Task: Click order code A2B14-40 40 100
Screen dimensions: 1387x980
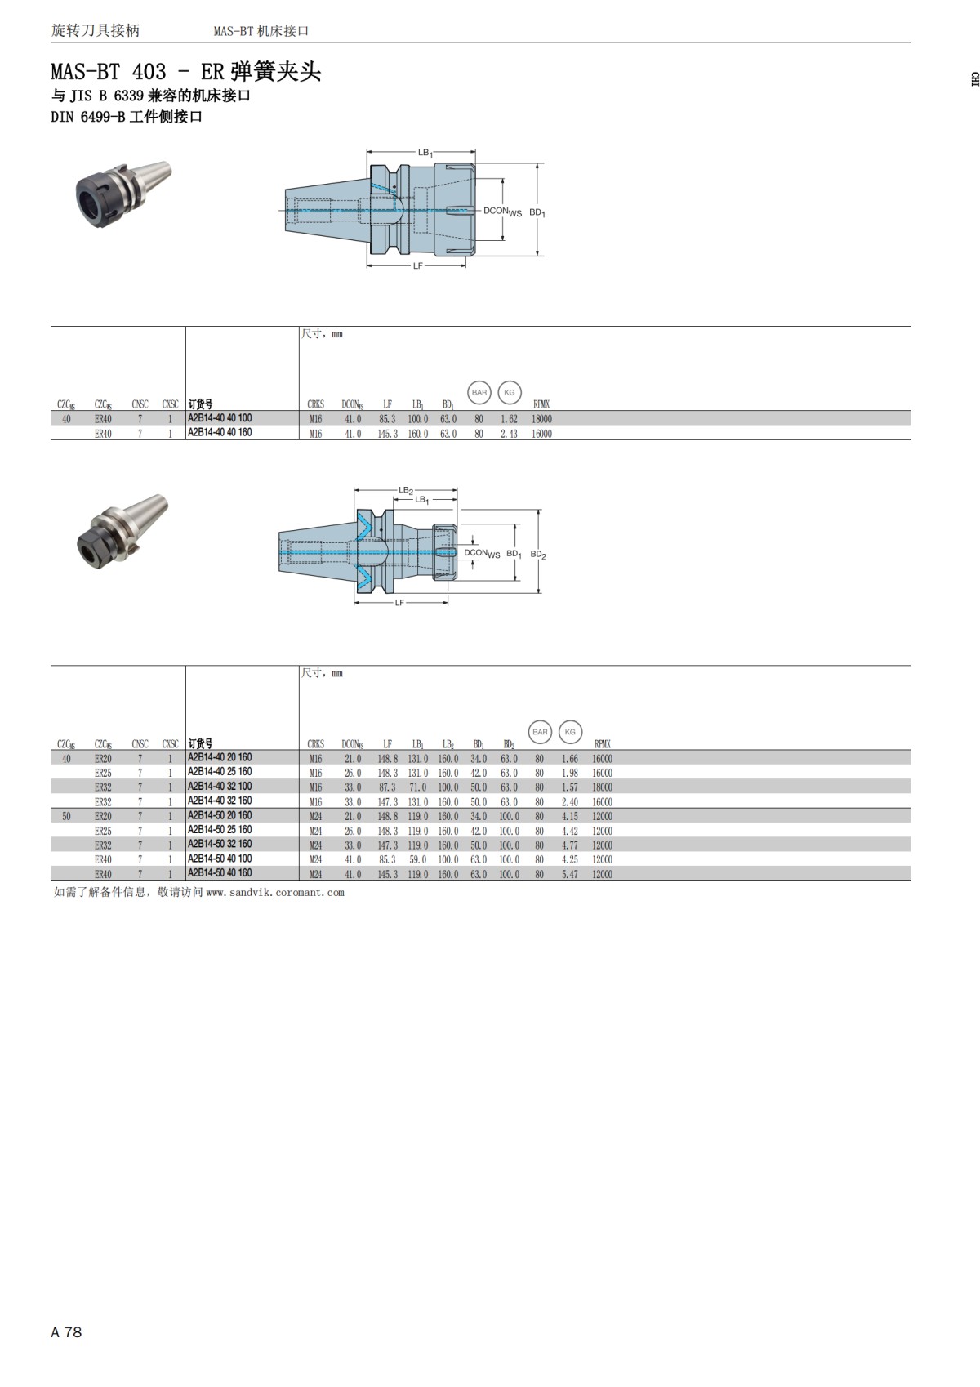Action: click(220, 418)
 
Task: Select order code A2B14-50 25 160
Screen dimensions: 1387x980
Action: click(220, 830)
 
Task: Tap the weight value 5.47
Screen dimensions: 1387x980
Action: click(569, 874)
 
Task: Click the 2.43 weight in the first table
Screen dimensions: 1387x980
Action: click(509, 434)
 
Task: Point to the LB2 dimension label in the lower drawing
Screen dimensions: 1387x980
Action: click(405, 490)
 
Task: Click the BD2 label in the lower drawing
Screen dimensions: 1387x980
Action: click(537, 555)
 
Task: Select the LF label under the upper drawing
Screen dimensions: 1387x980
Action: click(417, 266)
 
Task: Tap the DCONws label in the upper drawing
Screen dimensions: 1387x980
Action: click(501, 211)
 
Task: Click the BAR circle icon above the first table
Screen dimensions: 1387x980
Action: click(479, 392)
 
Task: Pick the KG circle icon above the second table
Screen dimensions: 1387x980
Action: click(570, 732)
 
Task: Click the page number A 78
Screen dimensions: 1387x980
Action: click(66, 1332)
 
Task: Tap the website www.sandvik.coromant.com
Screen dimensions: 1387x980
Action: click(275, 893)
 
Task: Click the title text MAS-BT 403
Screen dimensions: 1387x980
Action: click(108, 72)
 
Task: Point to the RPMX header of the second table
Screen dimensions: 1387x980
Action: click(602, 744)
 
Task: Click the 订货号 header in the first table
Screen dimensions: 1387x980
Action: click(200, 404)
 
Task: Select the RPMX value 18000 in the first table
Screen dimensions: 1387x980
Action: click(541, 419)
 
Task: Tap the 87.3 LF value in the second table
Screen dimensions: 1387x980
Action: click(387, 787)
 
